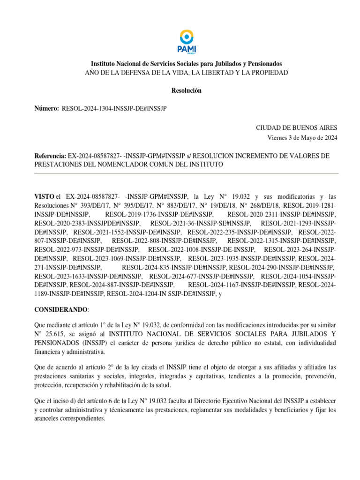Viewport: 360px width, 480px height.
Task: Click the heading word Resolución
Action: [x=186, y=90]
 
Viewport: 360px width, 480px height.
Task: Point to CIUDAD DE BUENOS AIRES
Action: [x=296, y=127]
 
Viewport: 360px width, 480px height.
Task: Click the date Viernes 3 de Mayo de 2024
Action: [x=302, y=137]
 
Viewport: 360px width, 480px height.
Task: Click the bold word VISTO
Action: [x=44, y=196]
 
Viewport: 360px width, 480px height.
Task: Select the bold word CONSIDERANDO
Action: [x=60, y=310]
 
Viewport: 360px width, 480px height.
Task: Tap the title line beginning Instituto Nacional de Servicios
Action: [x=186, y=63]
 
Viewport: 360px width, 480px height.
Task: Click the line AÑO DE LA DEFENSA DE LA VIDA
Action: [x=186, y=72]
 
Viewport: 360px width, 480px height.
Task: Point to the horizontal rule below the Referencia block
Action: [x=186, y=173]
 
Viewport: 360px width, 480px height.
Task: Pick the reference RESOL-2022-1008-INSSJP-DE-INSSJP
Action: [x=201, y=250]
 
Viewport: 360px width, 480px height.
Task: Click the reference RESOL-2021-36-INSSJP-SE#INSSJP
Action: [x=201, y=223]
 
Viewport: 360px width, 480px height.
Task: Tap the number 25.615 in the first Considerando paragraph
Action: [x=62, y=334]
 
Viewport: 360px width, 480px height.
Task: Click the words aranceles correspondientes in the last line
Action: [x=71, y=418]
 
